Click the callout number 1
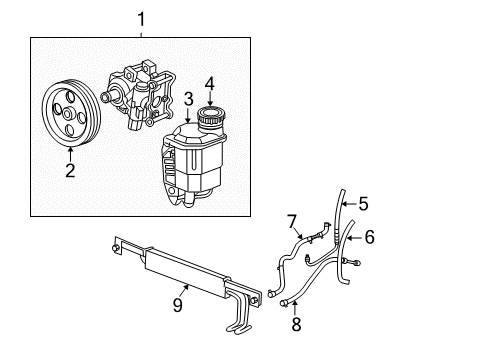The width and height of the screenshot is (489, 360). (140, 18)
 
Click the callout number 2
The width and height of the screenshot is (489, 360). (70, 170)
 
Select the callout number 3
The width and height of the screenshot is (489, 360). (187, 100)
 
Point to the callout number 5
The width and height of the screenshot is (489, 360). (363, 204)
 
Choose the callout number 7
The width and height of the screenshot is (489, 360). (293, 220)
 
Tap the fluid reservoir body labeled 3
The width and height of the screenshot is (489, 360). (200, 165)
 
